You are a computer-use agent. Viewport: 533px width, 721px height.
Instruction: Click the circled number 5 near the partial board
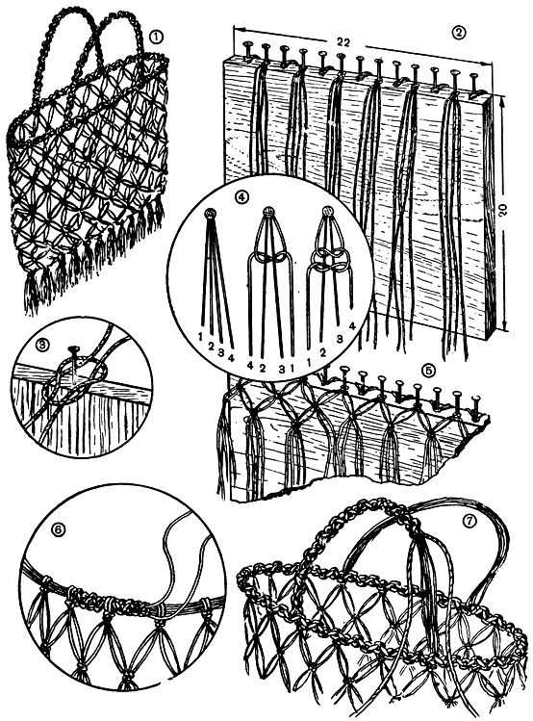(427, 371)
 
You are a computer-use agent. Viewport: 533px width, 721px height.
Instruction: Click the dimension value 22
(343, 42)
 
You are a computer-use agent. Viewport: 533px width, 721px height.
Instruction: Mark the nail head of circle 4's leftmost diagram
(210, 214)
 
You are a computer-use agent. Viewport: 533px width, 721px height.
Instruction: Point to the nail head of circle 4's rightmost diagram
(327, 211)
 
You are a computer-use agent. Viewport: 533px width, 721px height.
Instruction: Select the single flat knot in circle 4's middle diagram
(268, 258)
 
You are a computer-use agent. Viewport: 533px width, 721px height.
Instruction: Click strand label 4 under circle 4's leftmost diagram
(231, 359)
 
